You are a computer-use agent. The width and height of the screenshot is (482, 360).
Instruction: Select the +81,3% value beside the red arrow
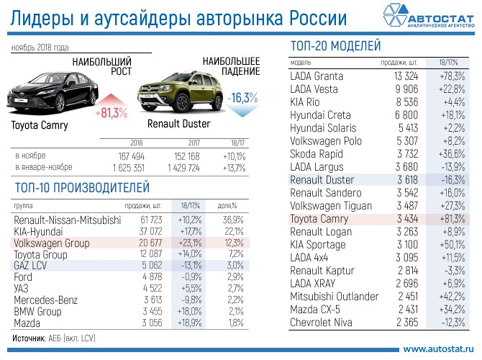111,113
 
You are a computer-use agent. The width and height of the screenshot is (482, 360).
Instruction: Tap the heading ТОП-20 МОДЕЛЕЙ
335,46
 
